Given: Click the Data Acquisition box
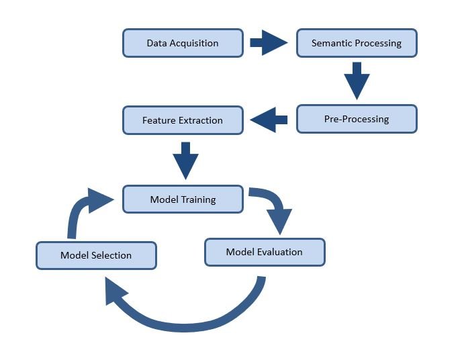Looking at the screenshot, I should coord(183,43).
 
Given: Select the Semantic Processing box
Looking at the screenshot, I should coord(357,43).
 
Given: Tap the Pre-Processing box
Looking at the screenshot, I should coord(357,119).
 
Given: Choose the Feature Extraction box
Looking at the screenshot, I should coord(183,120).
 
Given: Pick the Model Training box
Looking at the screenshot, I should coord(183,199).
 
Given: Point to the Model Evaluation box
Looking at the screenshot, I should coord(264,252).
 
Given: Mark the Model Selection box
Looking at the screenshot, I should coord(96,255).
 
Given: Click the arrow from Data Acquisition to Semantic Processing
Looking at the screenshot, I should coord(269,43).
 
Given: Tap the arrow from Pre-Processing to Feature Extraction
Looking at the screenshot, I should coord(269,120).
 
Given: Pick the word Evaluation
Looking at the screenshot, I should coord(279,252).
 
